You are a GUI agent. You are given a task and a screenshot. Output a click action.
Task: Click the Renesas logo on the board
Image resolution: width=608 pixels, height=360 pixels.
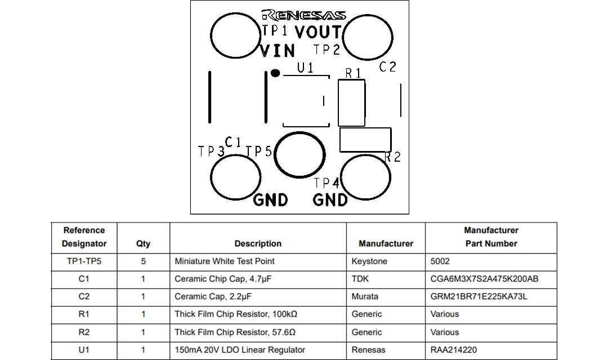click(x=303, y=15)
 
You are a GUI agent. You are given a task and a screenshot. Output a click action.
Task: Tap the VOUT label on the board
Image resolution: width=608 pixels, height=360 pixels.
click(x=318, y=32)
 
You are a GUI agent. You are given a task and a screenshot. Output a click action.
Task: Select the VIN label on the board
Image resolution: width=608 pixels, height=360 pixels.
click(x=278, y=51)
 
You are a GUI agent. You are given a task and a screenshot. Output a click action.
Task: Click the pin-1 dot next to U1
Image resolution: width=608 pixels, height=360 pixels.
click(x=275, y=73)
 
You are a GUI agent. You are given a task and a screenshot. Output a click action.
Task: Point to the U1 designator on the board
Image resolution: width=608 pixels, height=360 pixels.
click(x=306, y=68)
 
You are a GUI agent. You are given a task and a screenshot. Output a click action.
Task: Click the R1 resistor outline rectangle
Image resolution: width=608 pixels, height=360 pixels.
click(x=351, y=103)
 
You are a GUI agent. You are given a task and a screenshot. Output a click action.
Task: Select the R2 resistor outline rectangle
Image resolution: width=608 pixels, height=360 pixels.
click(x=365, y=140)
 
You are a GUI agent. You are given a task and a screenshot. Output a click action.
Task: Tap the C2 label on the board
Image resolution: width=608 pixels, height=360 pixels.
click(x=387, y=67)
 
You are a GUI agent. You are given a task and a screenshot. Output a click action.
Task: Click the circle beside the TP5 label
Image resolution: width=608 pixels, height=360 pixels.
click(x=300, y=155)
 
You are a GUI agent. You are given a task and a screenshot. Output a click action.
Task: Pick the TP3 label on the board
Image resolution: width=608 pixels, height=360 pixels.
click(x=211, y=152)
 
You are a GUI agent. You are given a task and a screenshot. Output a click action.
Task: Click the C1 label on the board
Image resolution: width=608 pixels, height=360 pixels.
click(x=233, y=142)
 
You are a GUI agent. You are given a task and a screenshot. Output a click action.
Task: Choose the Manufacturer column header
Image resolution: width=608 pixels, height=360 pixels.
click(x=386, y=243)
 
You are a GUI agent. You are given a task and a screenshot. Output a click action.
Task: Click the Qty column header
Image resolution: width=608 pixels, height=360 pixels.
click(x=143, y=244)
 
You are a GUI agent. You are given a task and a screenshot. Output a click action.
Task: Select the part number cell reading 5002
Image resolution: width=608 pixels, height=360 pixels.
click(x=440, y=261)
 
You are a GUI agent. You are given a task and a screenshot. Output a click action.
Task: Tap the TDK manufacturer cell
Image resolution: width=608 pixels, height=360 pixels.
click(x=360, y=279)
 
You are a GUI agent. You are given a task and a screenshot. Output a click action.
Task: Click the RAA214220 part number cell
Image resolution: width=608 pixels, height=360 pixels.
click(x=454, y=350)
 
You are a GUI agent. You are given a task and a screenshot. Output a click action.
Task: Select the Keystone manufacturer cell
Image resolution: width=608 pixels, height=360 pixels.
click(x=369, y=261)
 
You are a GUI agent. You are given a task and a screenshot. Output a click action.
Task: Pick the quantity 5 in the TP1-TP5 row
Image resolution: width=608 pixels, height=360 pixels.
click(x=143, y=261)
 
